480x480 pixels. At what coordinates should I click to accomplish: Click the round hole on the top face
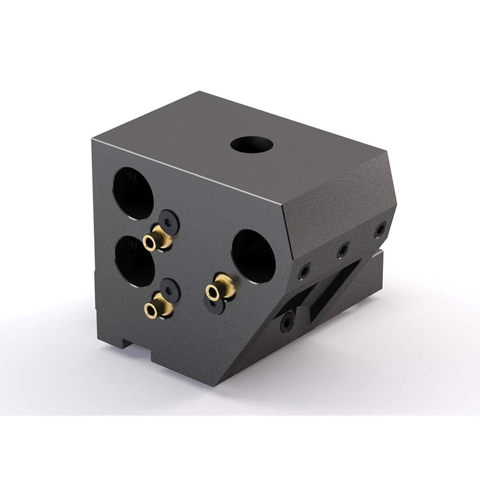click(252, 144)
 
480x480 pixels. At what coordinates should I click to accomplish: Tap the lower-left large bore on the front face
click(135, 261)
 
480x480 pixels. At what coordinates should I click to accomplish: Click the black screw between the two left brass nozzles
click(170, 289)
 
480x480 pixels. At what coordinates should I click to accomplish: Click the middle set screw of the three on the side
click(342, 250)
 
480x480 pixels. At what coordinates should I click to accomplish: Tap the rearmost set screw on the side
click(380, 229)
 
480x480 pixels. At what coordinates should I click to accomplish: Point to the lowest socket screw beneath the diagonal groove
click(287, 321)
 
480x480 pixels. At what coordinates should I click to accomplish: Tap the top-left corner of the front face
click(93, 138)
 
